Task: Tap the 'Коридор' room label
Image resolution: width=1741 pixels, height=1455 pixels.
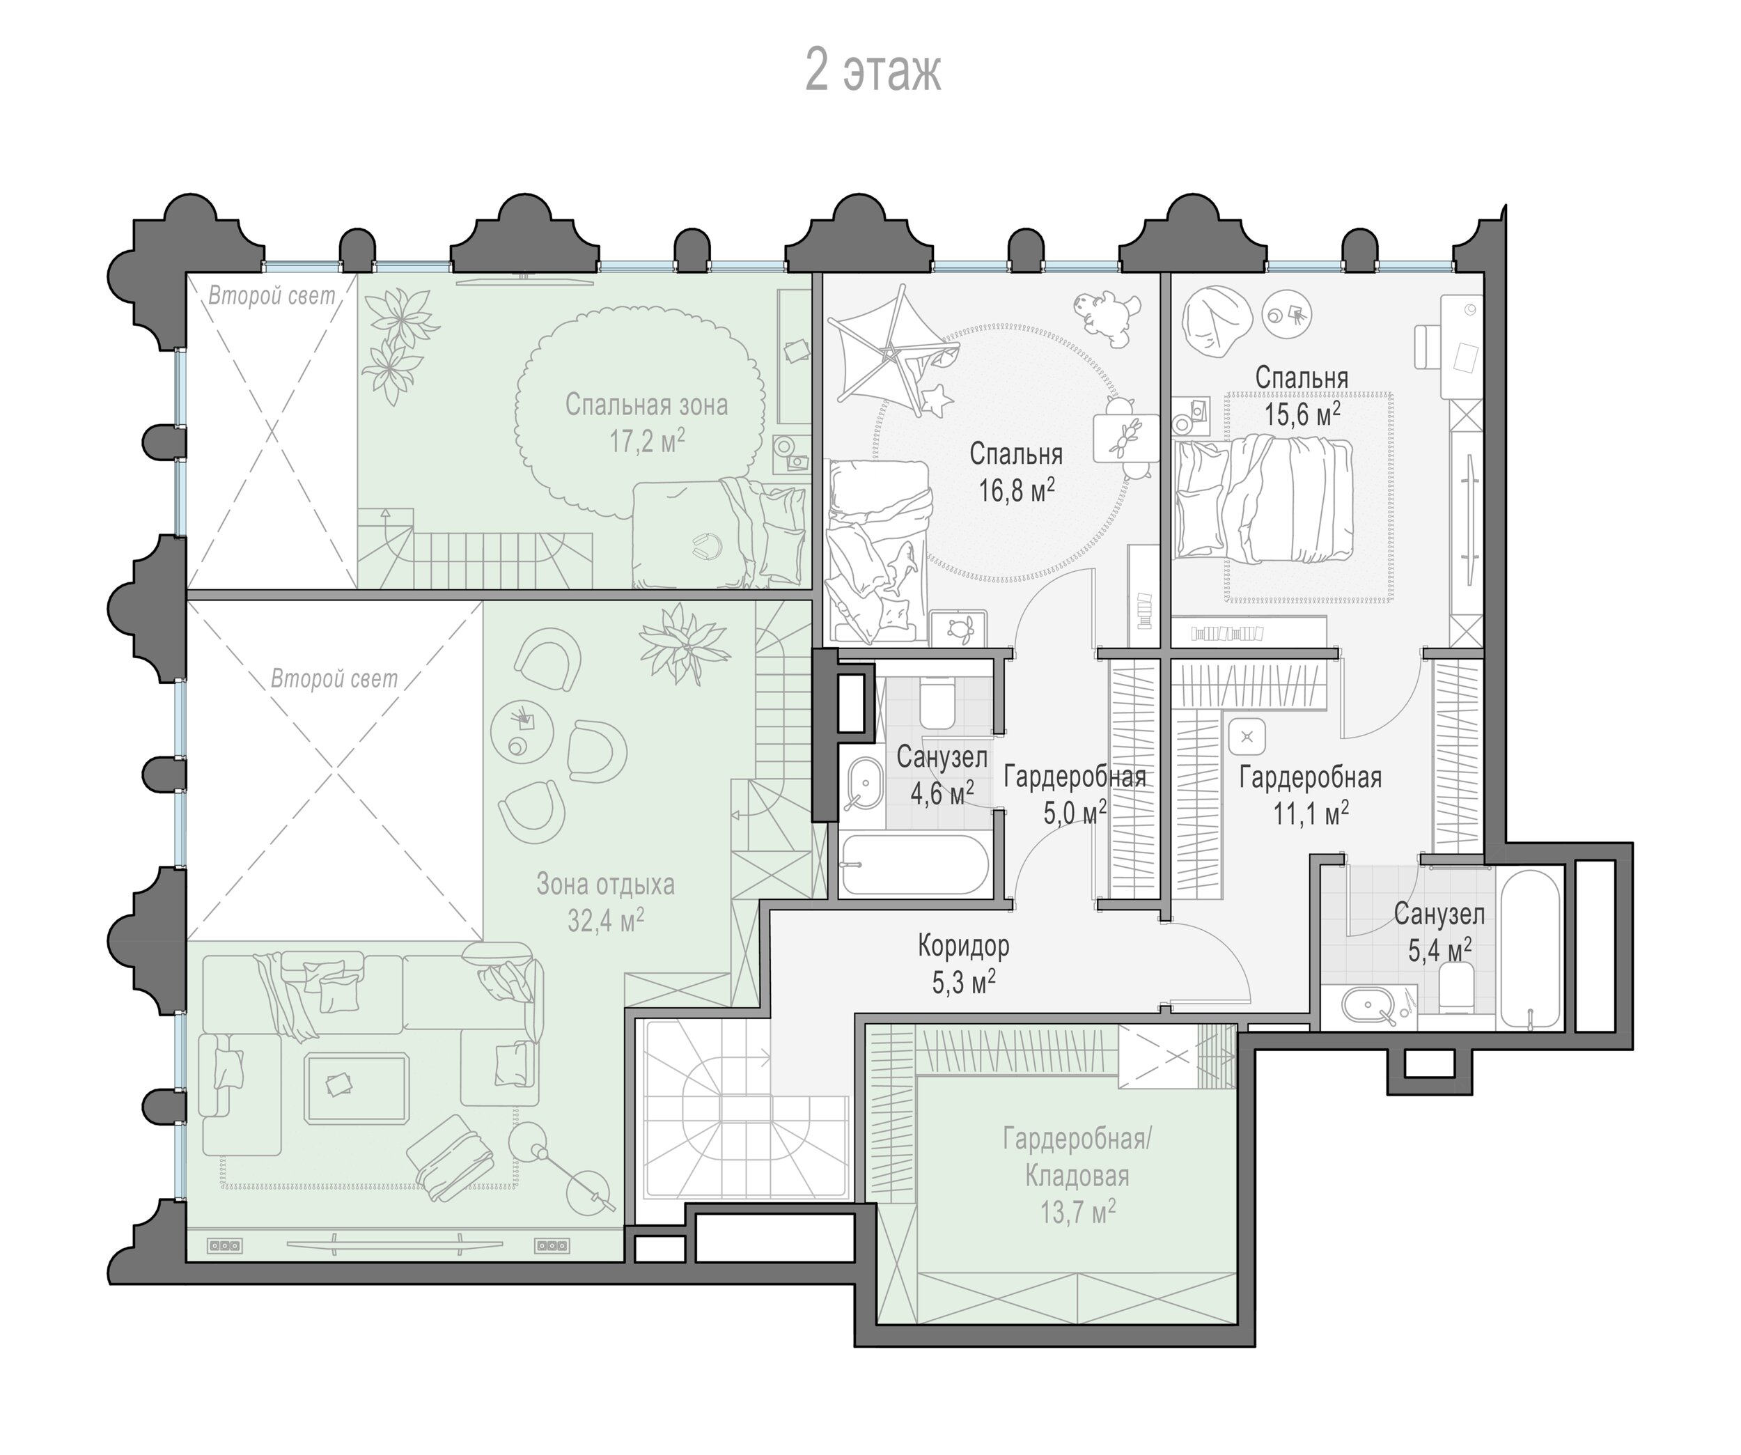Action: (x=963, y=945)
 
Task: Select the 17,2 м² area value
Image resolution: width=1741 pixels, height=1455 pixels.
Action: (x=648, y=441)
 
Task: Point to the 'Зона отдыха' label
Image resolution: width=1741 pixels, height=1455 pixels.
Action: (x=605, y=884)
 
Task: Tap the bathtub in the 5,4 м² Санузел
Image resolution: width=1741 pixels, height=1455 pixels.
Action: (x=1531, y=949)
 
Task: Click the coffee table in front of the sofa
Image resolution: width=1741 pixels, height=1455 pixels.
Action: (x=356, y=1087)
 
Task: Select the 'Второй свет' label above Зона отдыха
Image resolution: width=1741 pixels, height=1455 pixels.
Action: (x=334, y=679)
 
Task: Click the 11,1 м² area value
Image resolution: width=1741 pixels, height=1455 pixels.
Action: (x=1311, y=814)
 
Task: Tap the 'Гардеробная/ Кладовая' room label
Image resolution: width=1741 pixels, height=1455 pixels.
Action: (x=1077, y=1158)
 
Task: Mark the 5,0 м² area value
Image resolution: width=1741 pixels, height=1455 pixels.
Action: (x=1075, y=814)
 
